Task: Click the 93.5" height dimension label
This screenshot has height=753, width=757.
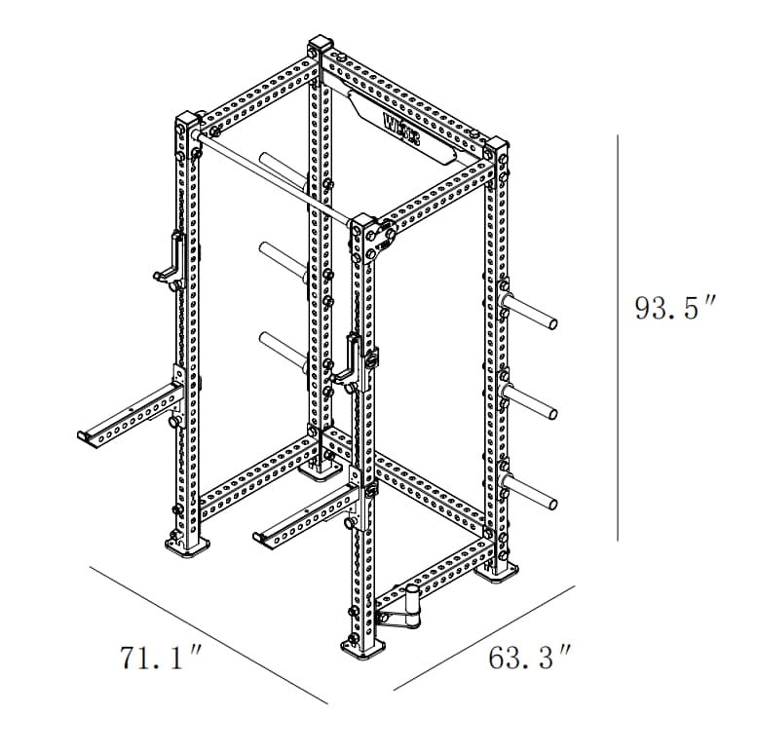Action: [674, 309]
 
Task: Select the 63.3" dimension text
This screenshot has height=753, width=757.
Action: [529, 658]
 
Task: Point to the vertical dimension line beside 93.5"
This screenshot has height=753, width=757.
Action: [619, 337]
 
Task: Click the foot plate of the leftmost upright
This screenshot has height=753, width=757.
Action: [185, 547]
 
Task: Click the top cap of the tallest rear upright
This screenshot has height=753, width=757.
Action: [320, 48]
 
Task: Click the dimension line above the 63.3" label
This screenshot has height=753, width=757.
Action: [482, 637]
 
